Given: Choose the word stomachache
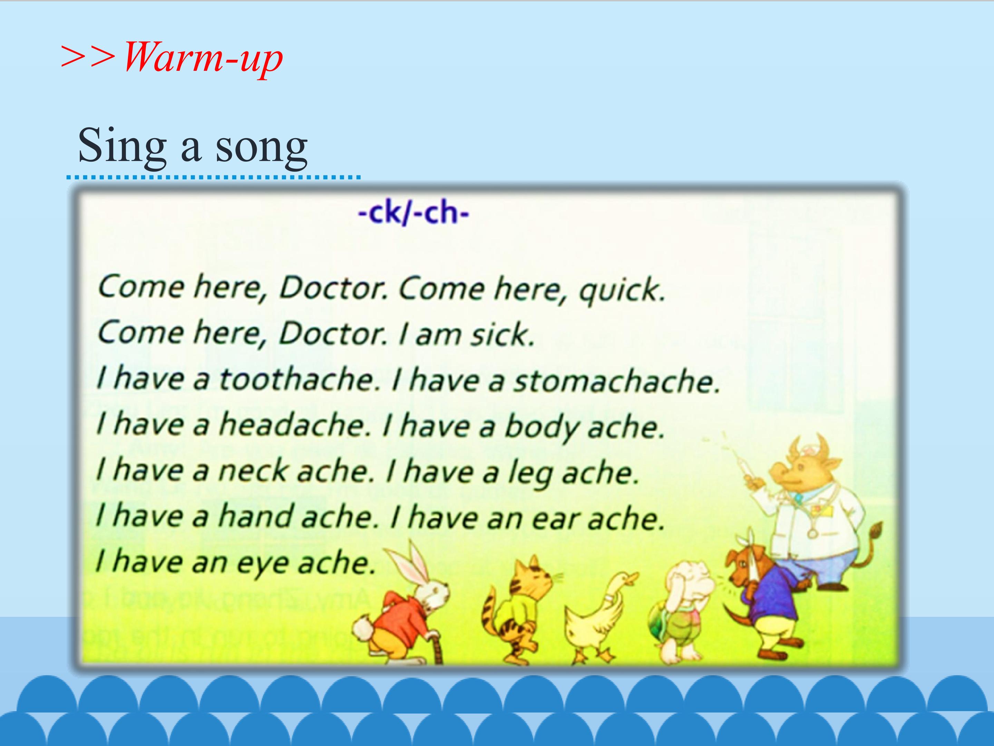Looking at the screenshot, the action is [616, 381].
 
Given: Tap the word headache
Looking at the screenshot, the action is [294, 425].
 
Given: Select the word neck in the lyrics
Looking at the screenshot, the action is [253, 471].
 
